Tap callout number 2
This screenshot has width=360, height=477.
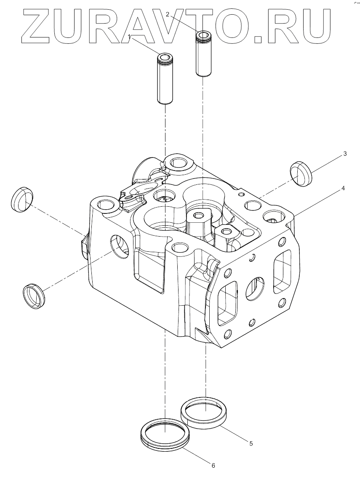pyautogui.click(x=168, y=14)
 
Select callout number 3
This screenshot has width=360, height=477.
pyautogui.click(x=345, y=154)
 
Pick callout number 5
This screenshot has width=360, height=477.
pyautogui.click(x=251, y=443)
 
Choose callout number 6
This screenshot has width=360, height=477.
pyautogui.click(x=213, y=465)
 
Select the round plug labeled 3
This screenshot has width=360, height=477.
pyautogui.click(x=301, y=173)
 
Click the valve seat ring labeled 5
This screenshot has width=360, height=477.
pyautogui.click(x=205, y=413)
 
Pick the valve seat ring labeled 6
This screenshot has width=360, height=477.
pyautogui.click(x=165, y=433)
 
